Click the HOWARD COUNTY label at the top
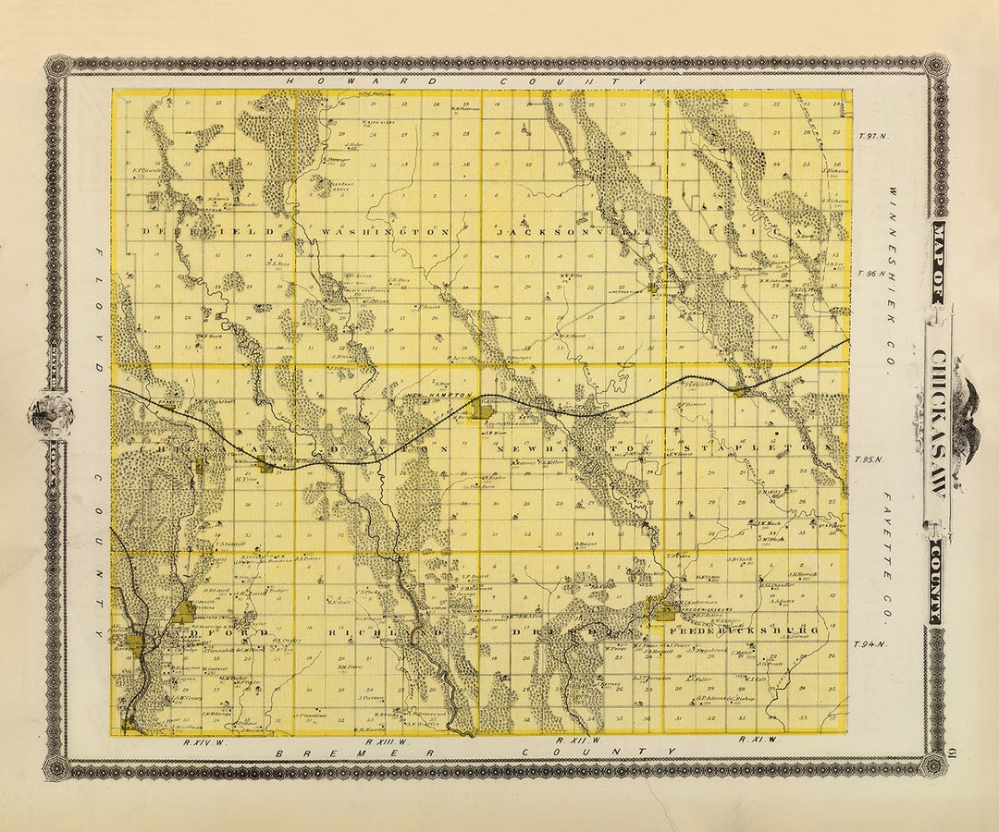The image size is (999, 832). pos(467,81)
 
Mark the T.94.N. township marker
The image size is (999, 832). pos(869,644)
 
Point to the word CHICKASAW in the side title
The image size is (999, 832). pos(937,425)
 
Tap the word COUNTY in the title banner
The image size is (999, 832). pos(937,592)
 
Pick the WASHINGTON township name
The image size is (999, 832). pos(386,231)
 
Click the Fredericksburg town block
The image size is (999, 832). pos(663,609)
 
